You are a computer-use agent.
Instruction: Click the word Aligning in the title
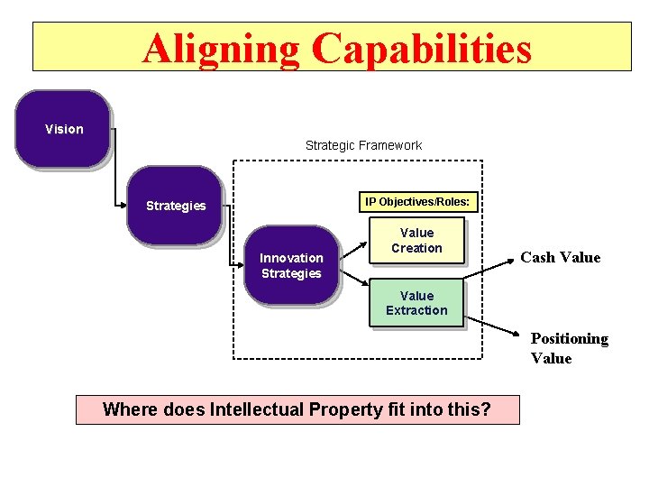point(220,49)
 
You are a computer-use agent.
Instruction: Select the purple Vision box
point(63,129)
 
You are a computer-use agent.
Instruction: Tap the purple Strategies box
point(175,206)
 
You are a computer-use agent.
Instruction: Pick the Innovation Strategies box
point(291,265)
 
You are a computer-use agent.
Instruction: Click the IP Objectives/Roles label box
point(416,202)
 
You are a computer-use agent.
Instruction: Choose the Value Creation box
point(416,240)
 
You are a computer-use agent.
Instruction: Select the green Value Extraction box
point(416,303)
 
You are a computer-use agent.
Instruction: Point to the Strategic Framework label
point(363,145)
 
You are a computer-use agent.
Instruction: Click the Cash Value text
point(560,257)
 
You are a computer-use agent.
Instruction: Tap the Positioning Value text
point(569,348)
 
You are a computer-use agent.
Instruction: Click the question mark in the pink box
point(485,409)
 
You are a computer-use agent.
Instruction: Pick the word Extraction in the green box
point(416,310)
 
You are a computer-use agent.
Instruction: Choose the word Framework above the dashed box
point(390,145)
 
